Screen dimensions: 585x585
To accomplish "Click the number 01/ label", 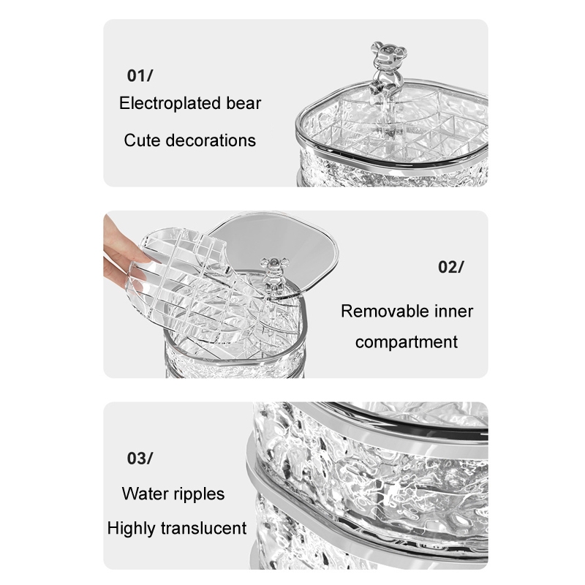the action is click(140, 76).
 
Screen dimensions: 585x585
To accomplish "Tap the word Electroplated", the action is click(170, 104).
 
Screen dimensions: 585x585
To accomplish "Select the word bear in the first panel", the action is click(244, 103).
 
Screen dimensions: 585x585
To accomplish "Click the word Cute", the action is click(142, 140).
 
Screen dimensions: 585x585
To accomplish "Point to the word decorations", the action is click(211, 140).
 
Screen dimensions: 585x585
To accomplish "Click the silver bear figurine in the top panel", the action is click(385, 71).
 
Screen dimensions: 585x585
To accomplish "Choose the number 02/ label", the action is click(451, 267).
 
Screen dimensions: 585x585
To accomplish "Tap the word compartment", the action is click(407, 342).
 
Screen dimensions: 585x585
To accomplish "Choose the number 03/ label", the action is click(140, 458).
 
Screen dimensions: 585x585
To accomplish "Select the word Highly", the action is click(132, 529).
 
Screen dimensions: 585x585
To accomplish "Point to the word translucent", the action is click(204, 528).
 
